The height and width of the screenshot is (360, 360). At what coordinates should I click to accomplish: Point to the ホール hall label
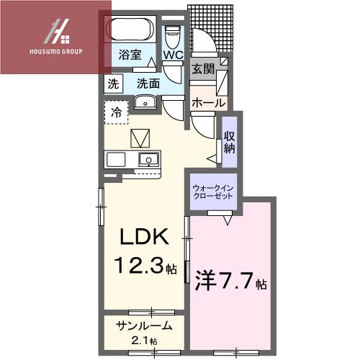(207, 103)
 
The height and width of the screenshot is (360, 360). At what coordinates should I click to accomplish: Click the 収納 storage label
(229, 143)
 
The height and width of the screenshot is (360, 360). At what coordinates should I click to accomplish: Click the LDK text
(143, 238)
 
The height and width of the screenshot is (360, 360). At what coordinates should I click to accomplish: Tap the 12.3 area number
(137, 268)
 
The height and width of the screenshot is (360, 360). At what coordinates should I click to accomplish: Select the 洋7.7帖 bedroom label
(231, 280)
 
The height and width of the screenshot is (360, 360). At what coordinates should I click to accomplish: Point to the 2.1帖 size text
(145, 340)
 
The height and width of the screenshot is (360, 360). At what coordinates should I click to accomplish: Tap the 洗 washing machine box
(113, 83)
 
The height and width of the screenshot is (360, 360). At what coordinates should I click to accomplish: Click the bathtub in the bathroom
(130, 31)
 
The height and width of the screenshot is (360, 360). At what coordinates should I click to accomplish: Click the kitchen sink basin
(149, 158)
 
